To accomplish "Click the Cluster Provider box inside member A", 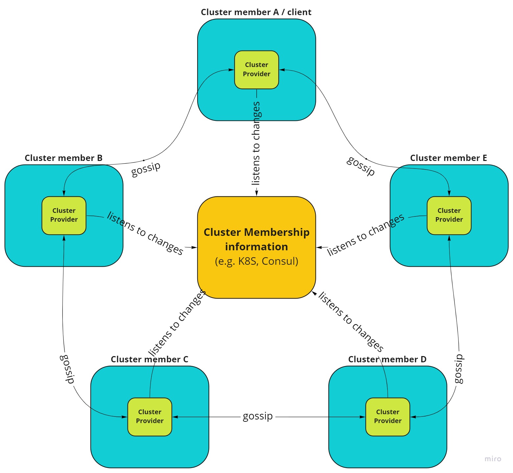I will (x=256, y=70).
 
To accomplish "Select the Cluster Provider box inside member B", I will (x=64, y=215).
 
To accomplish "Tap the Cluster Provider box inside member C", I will (x=150, y=417).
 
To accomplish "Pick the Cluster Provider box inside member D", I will (x=387, y=417).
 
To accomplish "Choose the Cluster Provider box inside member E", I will (x=449, y=215).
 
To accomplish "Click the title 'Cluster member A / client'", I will (x=256, y=12).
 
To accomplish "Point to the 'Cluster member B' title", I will (x=63, y=158).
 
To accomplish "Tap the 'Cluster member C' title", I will (x=150, y=359).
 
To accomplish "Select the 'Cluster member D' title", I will (x=387, y=359).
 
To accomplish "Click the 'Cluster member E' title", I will (x=448, y=158).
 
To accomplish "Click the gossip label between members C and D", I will (x=258, y=416).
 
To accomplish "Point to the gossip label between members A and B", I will (x=146, y=169).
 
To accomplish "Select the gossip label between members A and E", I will (x=361, y=166).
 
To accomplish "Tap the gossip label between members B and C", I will (x=67, y=369).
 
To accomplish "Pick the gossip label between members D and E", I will (x=458, y=369).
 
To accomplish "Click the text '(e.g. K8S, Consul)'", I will (x=256, y=261).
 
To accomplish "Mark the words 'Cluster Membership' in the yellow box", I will (x=256, y=232).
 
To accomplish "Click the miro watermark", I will (x=493, y=459).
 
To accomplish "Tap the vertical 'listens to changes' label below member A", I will (x=256, y=143).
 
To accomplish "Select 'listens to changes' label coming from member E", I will (x=365, y=235).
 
